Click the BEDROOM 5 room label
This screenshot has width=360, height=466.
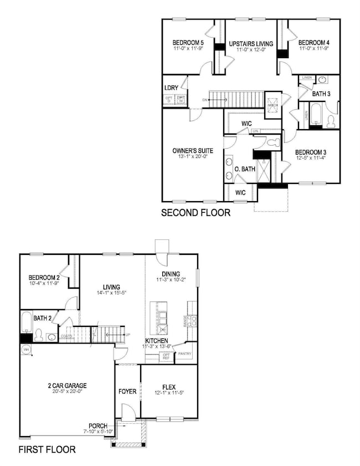188,42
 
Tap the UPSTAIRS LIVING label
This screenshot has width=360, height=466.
248,43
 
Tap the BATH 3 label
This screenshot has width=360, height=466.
321,94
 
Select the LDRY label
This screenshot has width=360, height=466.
171,89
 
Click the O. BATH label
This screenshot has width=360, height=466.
244,169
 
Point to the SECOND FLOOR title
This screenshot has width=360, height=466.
196,212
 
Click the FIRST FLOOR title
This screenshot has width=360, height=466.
47,449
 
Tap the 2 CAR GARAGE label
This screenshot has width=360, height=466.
66,386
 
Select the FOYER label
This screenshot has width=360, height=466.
127,391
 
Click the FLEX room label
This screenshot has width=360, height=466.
169,387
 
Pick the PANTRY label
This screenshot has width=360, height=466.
185,354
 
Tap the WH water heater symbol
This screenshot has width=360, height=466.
25,350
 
